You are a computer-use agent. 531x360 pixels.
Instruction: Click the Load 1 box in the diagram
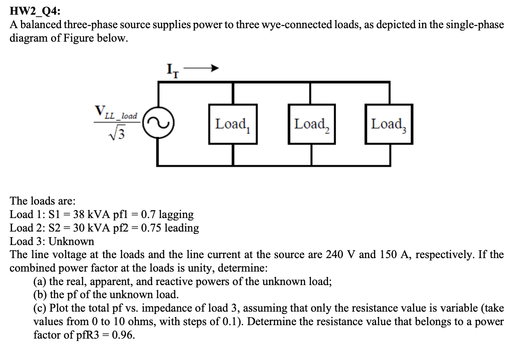coord(233,124)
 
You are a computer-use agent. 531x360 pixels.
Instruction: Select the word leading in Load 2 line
coord(181,228)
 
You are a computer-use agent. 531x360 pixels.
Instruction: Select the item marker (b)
coord(40,295)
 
